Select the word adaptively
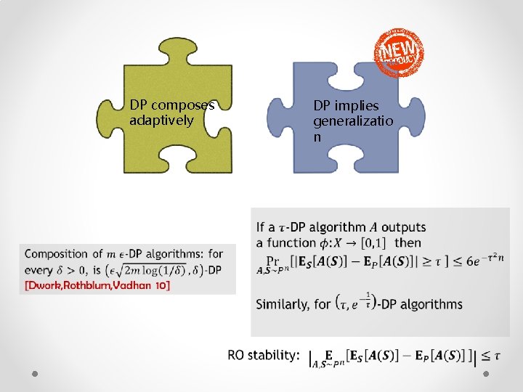161,121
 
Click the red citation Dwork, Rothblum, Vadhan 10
98,286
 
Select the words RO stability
263,355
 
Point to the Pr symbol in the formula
273,260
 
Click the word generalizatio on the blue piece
353,121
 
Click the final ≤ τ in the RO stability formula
491,356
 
